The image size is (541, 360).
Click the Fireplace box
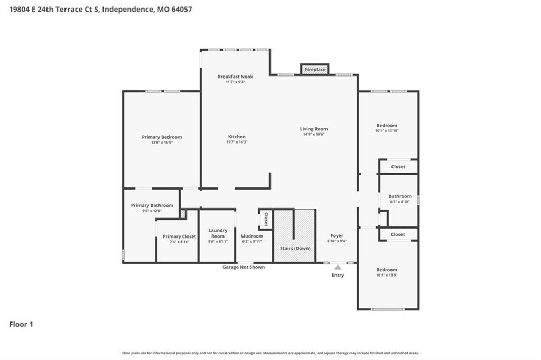pos(315,69)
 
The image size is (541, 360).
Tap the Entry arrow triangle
pos(338,267)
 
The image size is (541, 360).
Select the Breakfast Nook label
pos(235,77)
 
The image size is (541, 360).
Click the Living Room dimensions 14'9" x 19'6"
pos(314,134)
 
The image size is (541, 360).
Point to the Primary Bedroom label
pos(162,137)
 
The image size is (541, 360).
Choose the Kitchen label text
pos(237,137)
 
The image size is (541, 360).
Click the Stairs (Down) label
pos(295,248)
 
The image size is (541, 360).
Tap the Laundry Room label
pos(218,233)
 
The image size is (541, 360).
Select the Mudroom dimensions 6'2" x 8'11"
pos(252,241)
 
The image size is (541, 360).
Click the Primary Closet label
pos(180,236)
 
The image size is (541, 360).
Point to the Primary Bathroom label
pos(152,205)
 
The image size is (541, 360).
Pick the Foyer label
pos(337,235)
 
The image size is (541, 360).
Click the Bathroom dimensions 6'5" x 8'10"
pos(400,202)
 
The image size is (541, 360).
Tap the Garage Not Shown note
pos(244,267)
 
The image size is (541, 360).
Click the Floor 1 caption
pos(21,324)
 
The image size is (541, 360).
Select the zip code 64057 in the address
pos(182,10)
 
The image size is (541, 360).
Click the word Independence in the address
pos(128,10)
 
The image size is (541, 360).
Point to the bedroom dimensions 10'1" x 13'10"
pos(387,131)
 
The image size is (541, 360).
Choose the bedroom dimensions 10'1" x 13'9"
pos(387,275)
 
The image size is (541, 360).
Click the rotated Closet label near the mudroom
pos(266,219)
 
